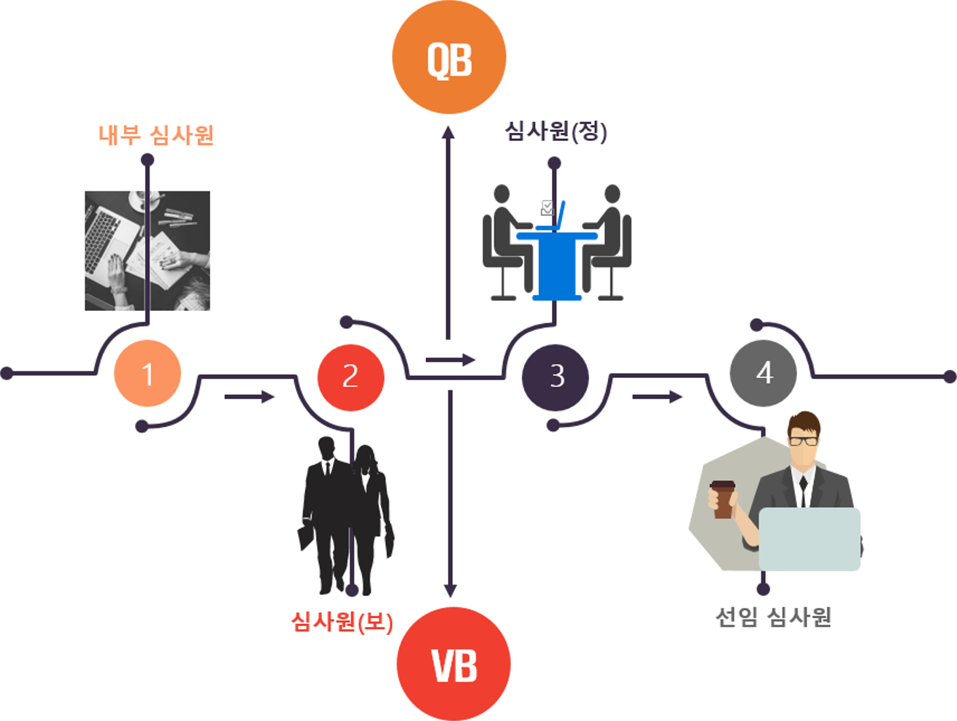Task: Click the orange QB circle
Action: pyautogui.click(x=449, y=57)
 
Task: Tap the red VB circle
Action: pyautogui.click(x=453, y=664)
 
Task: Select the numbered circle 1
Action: pyautogui.click(x=147, y=373)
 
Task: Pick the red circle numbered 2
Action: pyautogui.click(x=350, y=377)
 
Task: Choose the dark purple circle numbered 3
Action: pyautogui.click(x=556, y=377)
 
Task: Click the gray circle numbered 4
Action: pyautogui.click(x=763, y=373)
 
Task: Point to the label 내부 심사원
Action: pyautogui.click(x=156, y=136)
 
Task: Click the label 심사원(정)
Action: pyautogui.click(x=556, y=132)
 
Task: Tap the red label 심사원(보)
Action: pyautogui.click(x=342, y=622)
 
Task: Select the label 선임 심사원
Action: pyautogui.click(x=773, y=617)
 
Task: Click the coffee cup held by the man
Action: pyautogui.click(x=722, y=499)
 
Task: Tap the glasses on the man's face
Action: pyautogui.click(x=804, y=441)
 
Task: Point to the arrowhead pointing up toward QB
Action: pyautogui.click(x=449, y=132)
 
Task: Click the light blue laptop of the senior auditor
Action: pyautogui.click(x=809, y=539)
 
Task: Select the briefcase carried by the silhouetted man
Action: pyautogui.click(x=307, y=536)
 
